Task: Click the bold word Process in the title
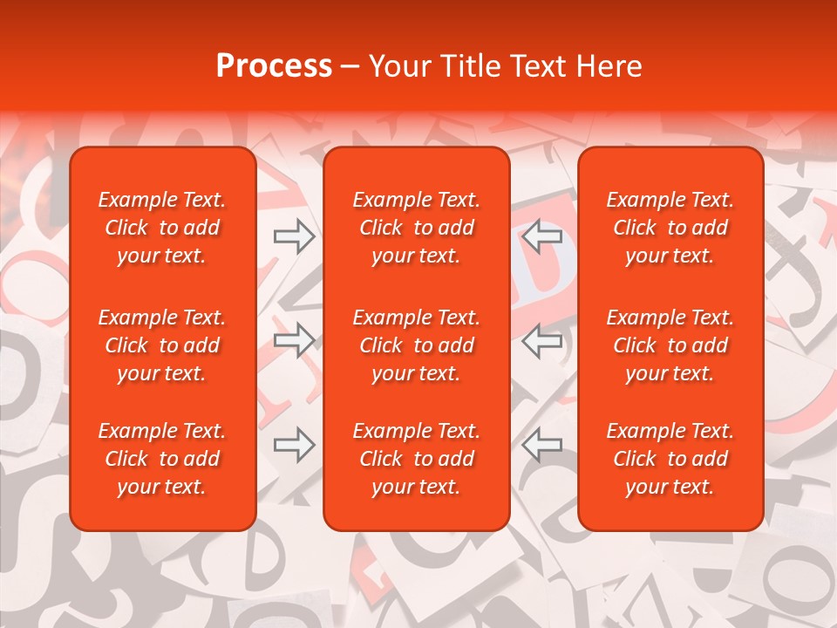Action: coord(274,66)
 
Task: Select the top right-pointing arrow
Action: coord(295,235)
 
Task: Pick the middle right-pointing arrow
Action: coord(295,340)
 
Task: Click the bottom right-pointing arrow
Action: coord(295,445)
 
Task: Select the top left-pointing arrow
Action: coord(542,235)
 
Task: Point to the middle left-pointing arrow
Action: coord(542,340)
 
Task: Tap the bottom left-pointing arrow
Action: coord(542,445)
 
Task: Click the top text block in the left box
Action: coord(162,228)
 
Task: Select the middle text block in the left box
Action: coord(162,345)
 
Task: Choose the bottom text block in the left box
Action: coord(162,459)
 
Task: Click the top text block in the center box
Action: coord(417,228)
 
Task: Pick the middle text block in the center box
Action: coord(417,345)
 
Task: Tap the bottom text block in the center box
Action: coord(417,459)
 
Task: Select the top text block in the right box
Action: coord(670,228)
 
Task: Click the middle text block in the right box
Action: coord(670,345)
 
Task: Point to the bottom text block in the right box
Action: coord(670,459)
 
